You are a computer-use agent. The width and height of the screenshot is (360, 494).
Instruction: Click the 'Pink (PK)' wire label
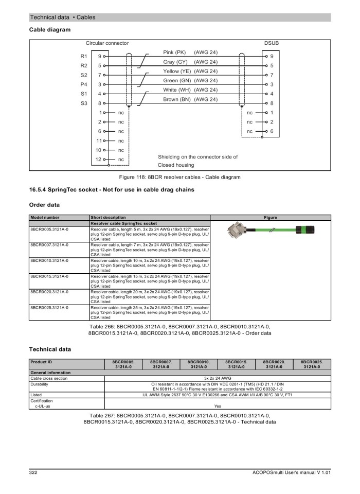(x=174, y=52)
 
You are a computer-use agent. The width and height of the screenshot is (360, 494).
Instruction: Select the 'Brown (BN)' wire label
(x=175, y=99)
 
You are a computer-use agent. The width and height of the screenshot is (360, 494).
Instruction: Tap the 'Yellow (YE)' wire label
(x=177, y=71)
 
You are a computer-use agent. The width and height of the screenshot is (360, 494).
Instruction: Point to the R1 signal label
(x=84, y=56)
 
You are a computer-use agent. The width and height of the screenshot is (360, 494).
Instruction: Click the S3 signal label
(x=84, y=103)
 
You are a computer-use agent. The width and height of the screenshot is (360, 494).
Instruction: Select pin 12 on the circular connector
(x=100, y=160)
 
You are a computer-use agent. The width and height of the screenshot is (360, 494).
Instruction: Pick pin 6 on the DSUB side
(x=272, y=131)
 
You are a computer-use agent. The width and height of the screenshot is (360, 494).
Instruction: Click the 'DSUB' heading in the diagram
(x=271, y=43)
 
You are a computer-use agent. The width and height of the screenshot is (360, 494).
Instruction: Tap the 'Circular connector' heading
(x=107, y=43)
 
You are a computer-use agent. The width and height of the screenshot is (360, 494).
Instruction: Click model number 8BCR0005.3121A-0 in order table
(x=49, y=229)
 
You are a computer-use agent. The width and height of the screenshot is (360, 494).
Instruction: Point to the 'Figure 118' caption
(x=180, y=177)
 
